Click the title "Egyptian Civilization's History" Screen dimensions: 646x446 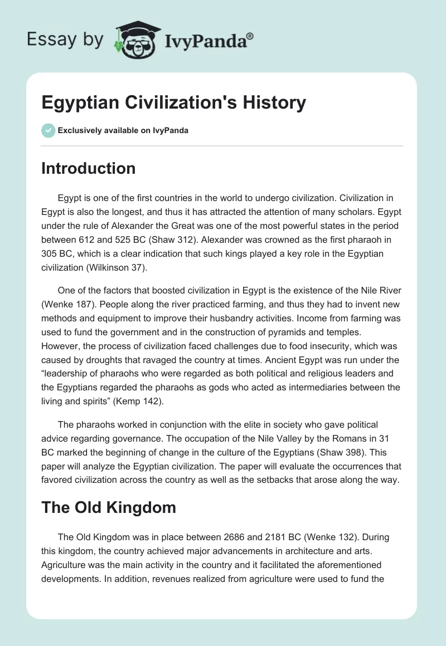click(173, 102)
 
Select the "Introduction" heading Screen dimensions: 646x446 click(88, 168)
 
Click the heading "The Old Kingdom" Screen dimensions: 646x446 click(109, 507)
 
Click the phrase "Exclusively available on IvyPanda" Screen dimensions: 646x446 click(123, 130)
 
